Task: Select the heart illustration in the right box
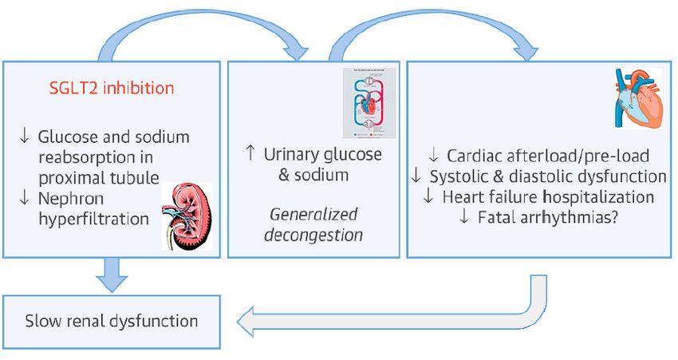[x=637, y=99]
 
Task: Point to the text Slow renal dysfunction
[x=112, y=322]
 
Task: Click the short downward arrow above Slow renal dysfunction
[x=112, y=276]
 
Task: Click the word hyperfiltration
[x=93, y=216]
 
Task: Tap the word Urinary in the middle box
[x=293, y=154]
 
